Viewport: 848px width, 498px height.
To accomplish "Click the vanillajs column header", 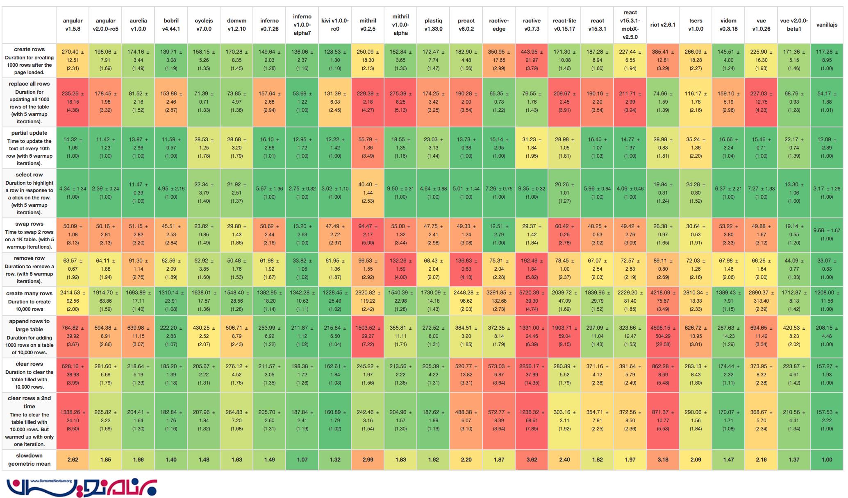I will point(827,25).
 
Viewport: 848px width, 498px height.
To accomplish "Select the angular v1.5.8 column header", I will point(73,25).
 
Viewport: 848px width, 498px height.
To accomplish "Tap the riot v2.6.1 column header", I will point(663,25).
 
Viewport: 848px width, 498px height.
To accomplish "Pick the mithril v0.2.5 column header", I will point(368,25).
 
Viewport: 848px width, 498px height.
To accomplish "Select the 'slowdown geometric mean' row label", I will point(29,460).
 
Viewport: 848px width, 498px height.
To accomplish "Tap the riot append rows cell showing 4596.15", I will point(663,336).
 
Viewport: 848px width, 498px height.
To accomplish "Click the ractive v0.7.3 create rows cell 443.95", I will point(532,60).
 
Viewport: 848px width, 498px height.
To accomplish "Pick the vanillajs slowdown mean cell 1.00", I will point(827,460).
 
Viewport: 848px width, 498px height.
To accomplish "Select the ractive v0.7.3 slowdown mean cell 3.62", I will point(532,460).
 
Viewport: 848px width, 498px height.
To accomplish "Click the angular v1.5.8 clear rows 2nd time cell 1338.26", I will point(73,421).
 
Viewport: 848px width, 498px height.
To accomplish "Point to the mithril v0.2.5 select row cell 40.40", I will point(368,193).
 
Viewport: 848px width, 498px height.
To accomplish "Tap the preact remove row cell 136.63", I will point(466,269).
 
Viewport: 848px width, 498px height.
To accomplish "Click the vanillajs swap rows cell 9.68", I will point(827,235).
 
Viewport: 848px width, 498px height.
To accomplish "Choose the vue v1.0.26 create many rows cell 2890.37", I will point(761,301).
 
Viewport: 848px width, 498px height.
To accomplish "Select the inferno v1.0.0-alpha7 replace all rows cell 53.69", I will point(302,102).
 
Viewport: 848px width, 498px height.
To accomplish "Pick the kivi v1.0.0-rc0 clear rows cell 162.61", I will point(335,375).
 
